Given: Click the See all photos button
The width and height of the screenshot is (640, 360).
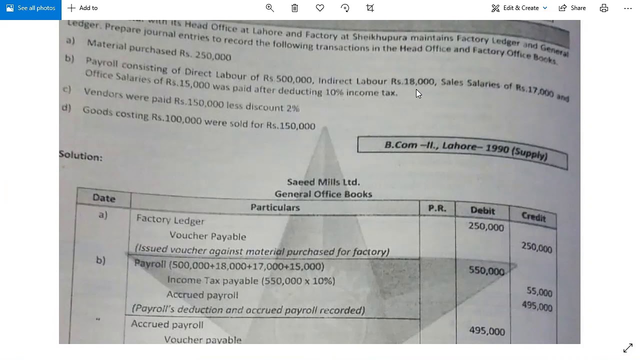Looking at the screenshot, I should [30, 8].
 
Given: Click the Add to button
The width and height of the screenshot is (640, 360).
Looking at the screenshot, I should [82, 8].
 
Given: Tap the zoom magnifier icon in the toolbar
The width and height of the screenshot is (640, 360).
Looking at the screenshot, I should [270, 8].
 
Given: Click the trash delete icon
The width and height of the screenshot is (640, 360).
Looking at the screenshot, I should [295, 8].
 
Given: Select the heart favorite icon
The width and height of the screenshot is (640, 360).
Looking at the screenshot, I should [320, 8].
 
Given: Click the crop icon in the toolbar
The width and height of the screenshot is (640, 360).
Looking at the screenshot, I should [370, 8].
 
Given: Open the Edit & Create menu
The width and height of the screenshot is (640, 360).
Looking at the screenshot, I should [519, 8].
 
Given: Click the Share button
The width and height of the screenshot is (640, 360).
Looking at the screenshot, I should [572, 8].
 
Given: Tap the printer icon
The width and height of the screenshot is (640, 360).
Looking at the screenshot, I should [604, 8].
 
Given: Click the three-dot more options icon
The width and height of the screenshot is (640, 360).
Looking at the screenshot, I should [628, 8].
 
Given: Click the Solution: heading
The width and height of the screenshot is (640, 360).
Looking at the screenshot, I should [80, 156].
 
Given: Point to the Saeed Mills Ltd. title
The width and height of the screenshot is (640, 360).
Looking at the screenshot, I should [323, 182].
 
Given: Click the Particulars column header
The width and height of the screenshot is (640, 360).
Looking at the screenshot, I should [275, 207].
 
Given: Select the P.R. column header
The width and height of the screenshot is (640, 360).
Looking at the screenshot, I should [437, 208].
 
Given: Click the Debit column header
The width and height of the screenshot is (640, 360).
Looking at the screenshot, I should [482, 210].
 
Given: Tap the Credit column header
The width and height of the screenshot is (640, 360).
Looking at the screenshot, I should [533, 216].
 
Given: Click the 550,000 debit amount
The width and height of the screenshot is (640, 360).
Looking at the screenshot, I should [486, 271].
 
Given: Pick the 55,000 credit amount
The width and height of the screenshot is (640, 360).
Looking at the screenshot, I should [539, 292].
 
